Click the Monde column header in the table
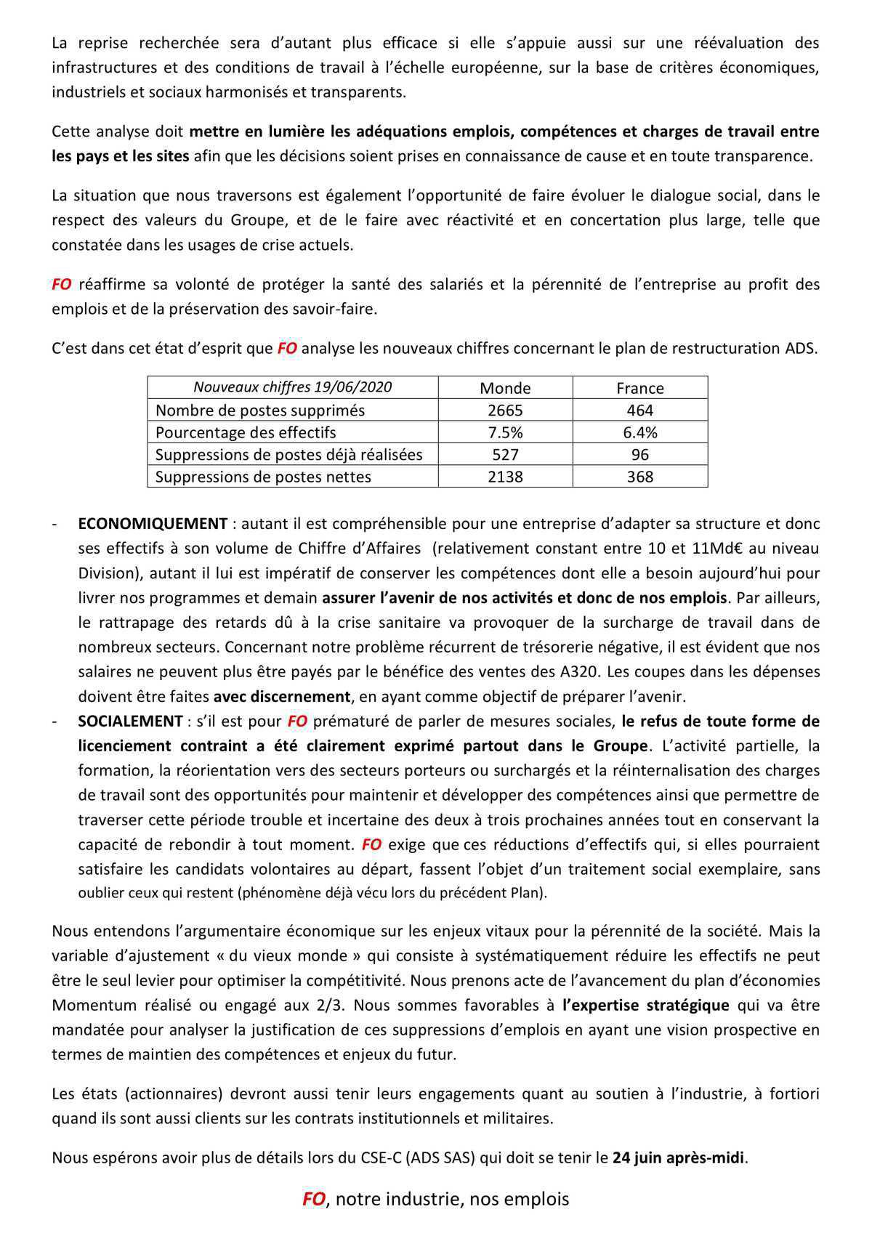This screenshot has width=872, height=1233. (505, 388)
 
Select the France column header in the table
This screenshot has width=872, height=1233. (639, 388)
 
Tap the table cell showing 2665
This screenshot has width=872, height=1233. (505, 411)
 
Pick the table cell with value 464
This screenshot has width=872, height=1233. (639, 411)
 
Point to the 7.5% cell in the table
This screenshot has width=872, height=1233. (505, 433)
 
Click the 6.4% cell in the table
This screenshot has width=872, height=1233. (639, 433)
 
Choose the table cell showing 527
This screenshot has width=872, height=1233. (505, 455)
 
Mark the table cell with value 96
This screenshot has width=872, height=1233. (639, 455)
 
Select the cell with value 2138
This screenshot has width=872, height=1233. (505, 477)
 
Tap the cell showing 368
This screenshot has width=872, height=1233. (639, 477)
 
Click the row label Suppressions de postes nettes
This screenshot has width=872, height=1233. (263, 477)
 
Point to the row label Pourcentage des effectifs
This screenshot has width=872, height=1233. (246, 433)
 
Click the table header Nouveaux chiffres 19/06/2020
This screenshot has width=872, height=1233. (292, 387)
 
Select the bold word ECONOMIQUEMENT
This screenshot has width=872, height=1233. (153, 524)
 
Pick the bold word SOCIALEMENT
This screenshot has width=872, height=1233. (130, 721)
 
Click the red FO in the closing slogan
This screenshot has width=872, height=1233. (313, 1200)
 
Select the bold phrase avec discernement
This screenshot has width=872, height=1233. (281, 697)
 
